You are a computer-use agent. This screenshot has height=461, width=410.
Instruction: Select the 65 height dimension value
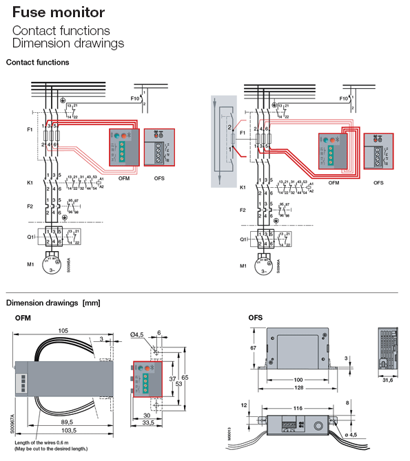(x=185, y=378)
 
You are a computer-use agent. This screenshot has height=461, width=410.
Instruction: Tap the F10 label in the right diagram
(x=343, y=99)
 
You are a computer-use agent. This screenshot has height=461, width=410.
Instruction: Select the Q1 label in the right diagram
(x=244, y=239)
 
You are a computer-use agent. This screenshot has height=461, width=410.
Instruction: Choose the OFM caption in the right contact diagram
(x=334, y=183)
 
